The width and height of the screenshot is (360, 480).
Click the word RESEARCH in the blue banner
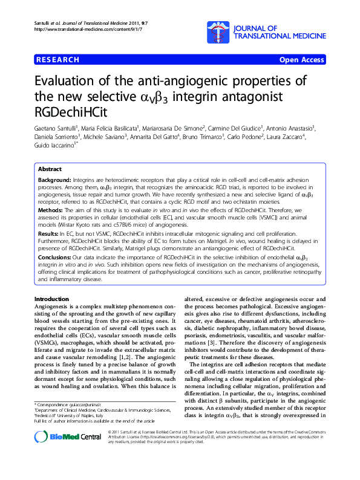pyautogui.click(x=57, y=60)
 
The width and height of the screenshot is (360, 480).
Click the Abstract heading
pyautogui.click(x=49, y=170)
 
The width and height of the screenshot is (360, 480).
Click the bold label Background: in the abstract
pyautogui.click(x=54, y=181)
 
